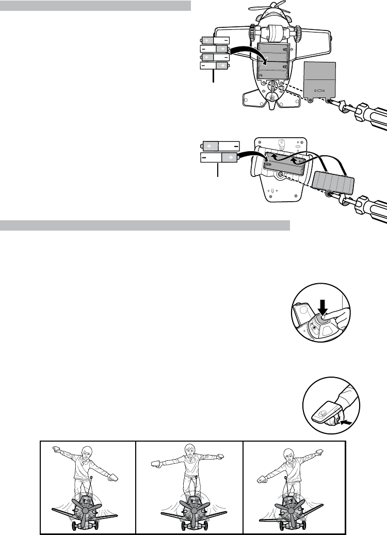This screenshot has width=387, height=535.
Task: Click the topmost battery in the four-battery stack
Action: coord(215,40)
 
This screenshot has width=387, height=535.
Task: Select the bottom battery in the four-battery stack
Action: coord(215,66)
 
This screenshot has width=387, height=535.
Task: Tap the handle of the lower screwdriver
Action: coord(372,209)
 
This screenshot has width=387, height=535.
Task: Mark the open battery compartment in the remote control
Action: coord(284,160)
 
